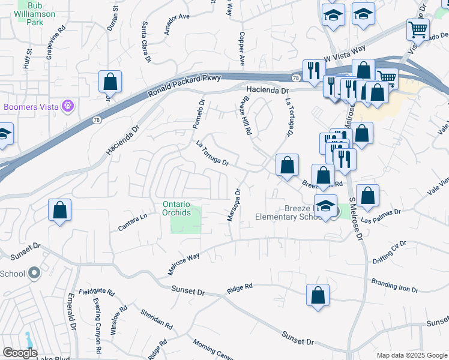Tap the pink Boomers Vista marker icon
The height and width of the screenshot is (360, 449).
[68, 107]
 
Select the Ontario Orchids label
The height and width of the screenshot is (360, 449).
[176, 208]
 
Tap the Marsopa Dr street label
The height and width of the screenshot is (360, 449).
[233, 206]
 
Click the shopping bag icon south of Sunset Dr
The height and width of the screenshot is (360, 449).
[318, 296]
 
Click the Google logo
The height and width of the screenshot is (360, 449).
[20, 353]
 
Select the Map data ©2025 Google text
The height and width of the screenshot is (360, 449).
[411, 355]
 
